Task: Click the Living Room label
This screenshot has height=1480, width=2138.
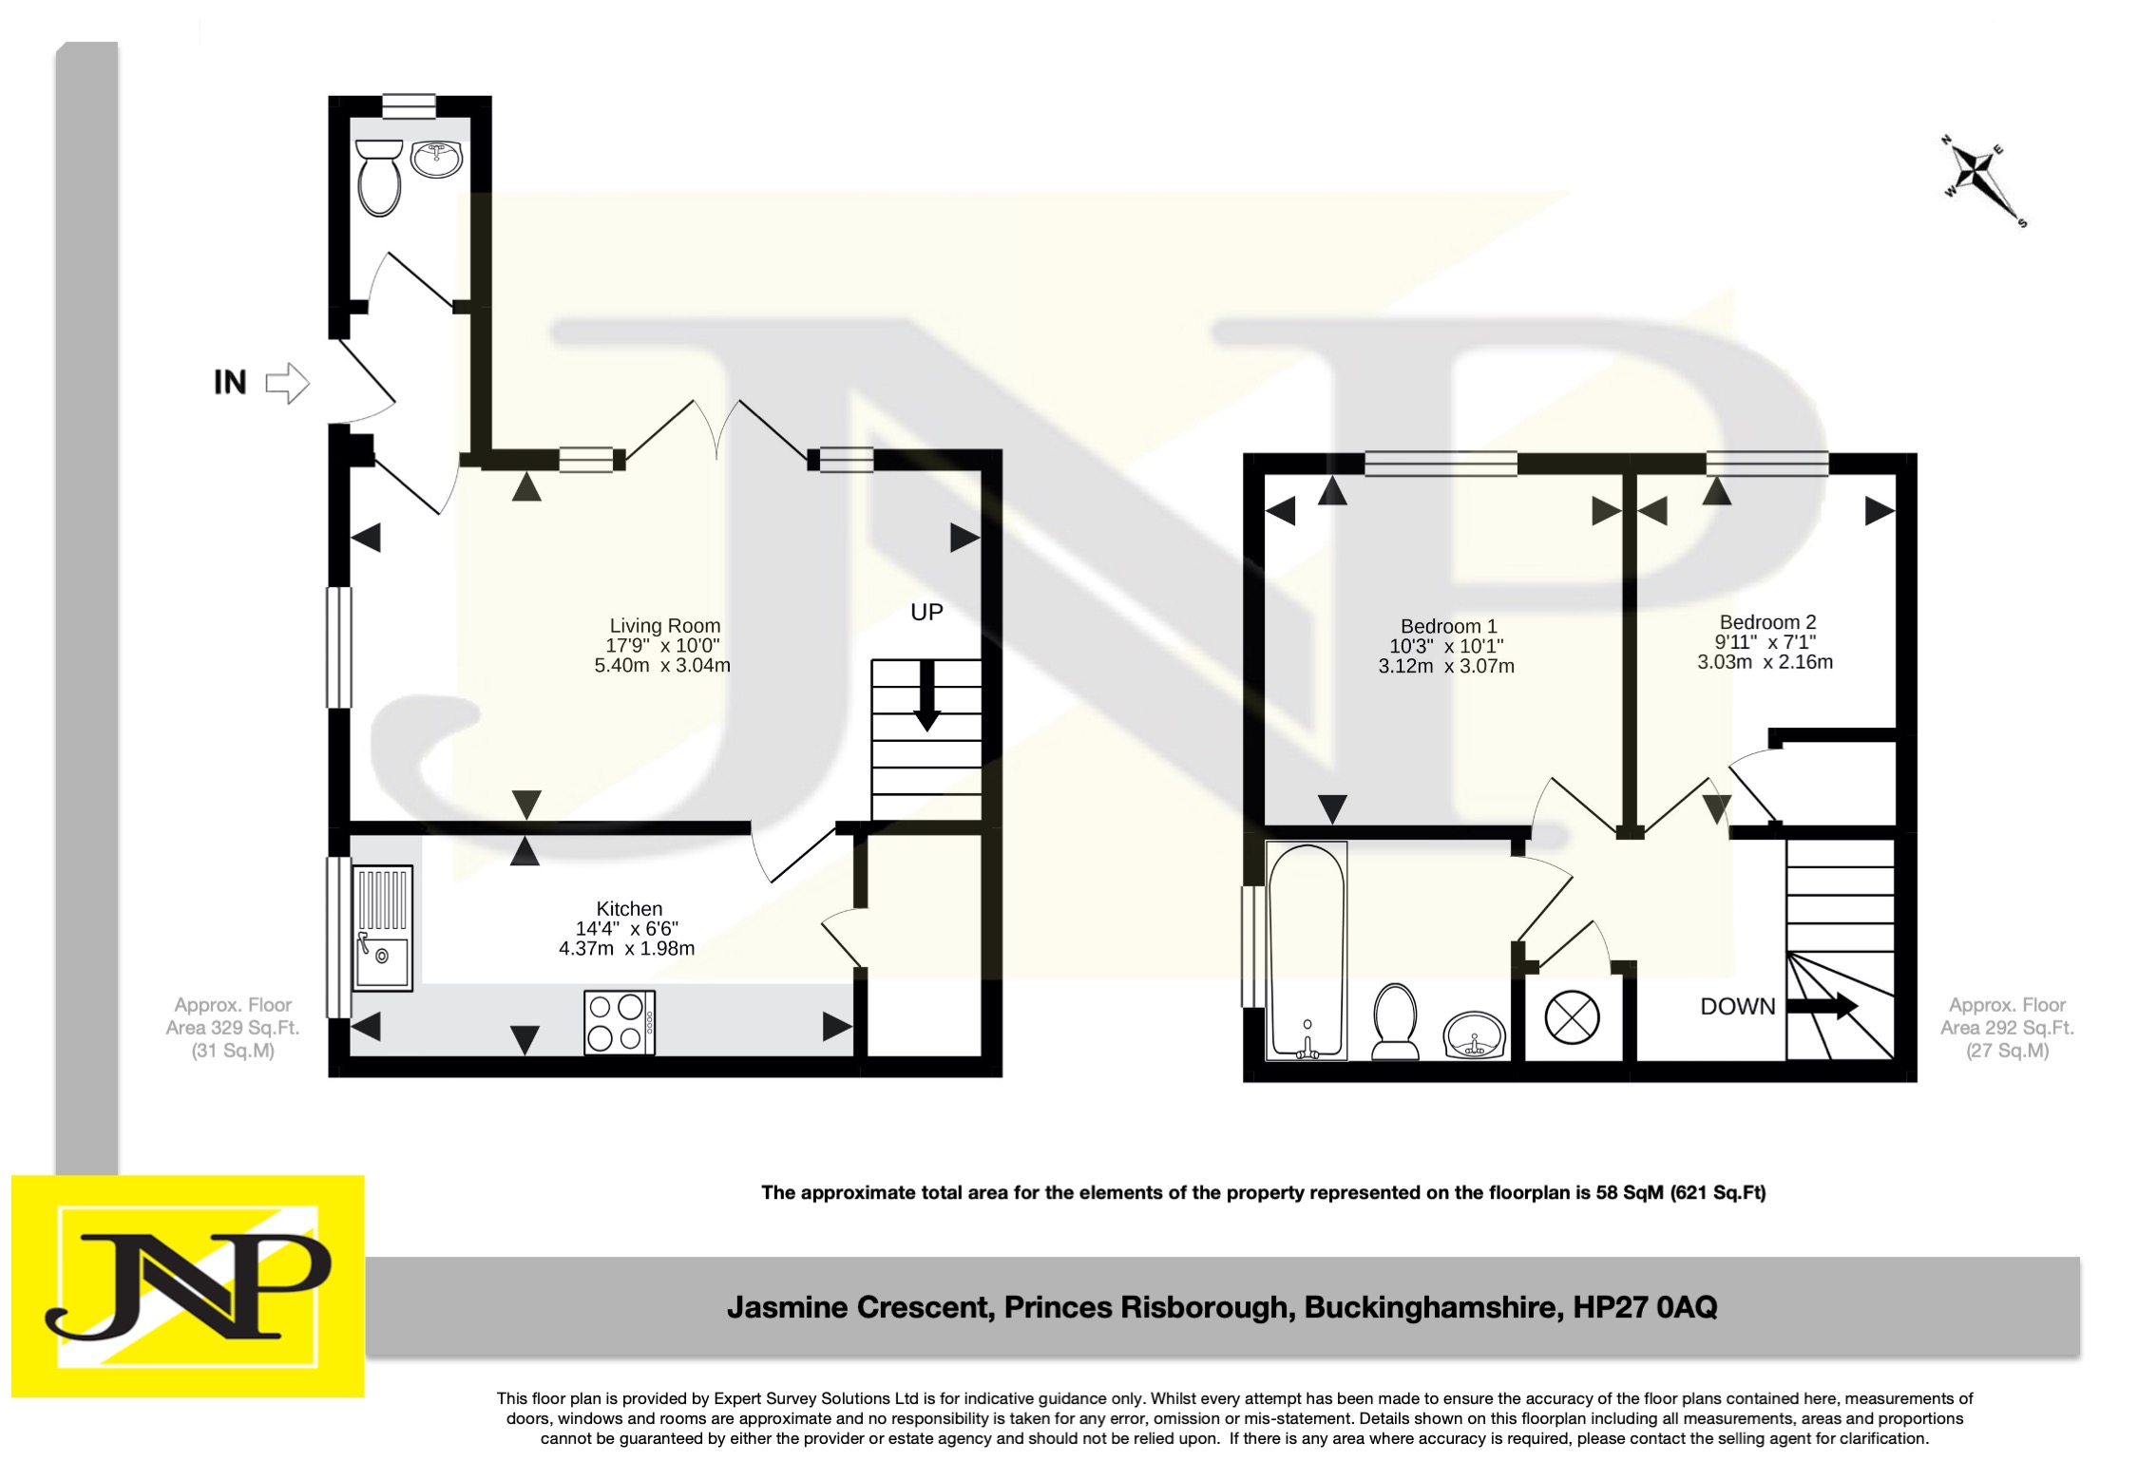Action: click(x=664, y=626)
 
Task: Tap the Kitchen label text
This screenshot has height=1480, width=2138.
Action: click(x=629, y=909)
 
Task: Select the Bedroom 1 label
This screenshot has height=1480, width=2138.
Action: click(x=1448, y=627)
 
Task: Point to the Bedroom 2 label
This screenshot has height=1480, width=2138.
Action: click(x=1767, y=622)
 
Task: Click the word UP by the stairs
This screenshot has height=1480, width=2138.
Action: click(x=926, y=613)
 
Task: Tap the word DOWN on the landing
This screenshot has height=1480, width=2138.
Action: click(x=1737, y=1007)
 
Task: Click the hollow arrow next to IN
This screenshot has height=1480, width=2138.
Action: click(x=287, y=384)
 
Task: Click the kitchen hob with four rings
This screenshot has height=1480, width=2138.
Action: click(x=620, y=1023)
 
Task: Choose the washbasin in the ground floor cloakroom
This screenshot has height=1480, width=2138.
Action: click(x=437, y=159)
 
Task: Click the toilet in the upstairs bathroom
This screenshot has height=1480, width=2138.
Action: click(x=1395, y=1022)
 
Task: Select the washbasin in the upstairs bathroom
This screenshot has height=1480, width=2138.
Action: click(x=1474, y=1035)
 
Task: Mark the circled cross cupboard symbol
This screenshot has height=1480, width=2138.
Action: click(x=1572, y=1017)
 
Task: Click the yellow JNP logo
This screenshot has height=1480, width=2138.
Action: click(x=188, y=1286)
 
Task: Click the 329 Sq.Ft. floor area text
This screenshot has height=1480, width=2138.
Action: click(x=233, y=1028)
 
